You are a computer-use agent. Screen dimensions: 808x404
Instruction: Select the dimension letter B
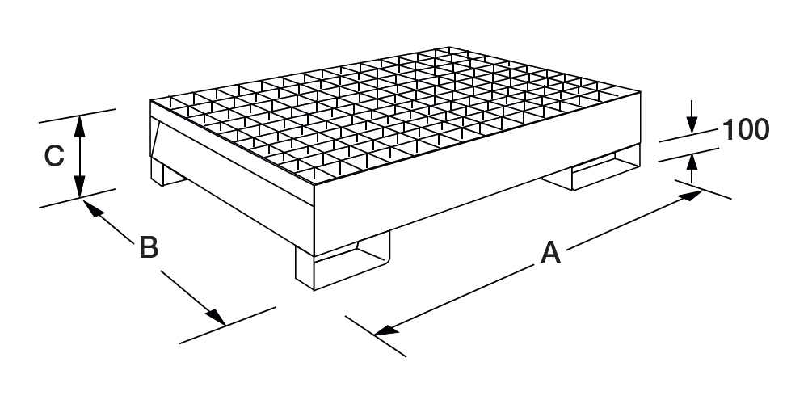pos(149,247)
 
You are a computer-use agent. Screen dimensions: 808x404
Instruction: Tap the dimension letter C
pos(54,156)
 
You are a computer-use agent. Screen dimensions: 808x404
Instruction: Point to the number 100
pos(746,129)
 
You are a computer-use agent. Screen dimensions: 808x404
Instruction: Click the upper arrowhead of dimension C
pos(79,127)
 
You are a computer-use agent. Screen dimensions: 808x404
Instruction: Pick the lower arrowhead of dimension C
pos(79,186)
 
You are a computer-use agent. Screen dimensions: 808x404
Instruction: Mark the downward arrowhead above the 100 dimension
pos(692,124)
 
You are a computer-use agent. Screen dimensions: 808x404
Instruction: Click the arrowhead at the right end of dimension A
pos(691,196)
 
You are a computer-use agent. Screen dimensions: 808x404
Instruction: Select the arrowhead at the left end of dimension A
pos(386,330)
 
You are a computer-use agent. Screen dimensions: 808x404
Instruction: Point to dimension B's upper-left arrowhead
pos(92,208)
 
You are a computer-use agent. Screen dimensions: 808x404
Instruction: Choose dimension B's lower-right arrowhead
pos(217,318)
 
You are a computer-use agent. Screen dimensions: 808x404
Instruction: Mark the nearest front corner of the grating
pos(314,184)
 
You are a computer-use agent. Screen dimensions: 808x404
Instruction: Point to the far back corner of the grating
pos(448,48)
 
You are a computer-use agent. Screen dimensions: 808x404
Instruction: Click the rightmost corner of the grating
pos(640,92)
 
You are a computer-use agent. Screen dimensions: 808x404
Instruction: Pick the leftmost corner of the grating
pos(150,100)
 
